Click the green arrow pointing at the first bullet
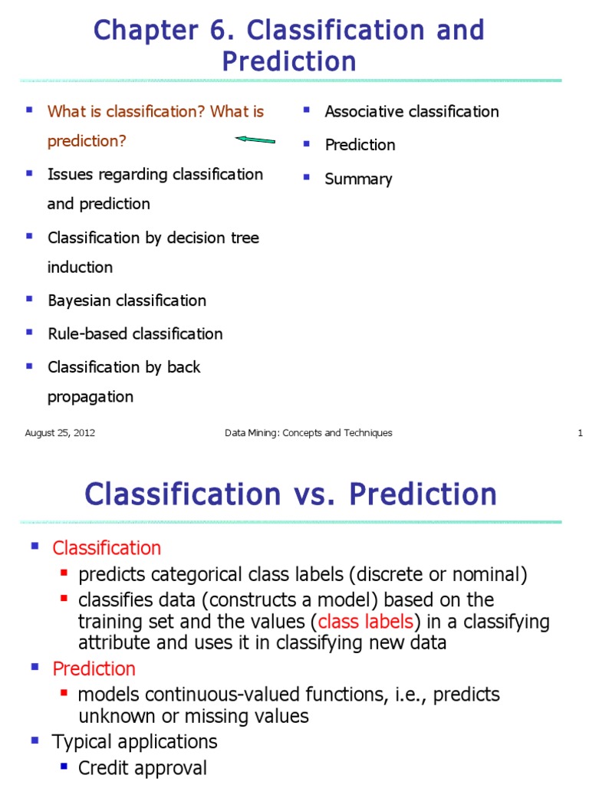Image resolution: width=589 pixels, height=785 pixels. click(255, 140)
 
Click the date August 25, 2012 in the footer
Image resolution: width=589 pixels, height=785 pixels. click(60, 433)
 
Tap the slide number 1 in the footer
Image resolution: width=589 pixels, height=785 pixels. click(581, 433)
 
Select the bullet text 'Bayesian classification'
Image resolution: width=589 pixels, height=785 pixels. click(127, 301)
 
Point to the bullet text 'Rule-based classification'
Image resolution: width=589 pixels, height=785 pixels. click(135, 333)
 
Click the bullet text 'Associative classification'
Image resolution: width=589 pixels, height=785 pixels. click(411, 112)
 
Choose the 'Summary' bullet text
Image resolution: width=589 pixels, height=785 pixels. click(358, 179)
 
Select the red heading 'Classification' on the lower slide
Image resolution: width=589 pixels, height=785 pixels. click(107, 548)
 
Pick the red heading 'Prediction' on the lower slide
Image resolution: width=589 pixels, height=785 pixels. click(94, 668)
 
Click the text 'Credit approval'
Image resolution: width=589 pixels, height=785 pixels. click(143, 768)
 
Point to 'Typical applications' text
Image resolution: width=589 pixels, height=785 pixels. click(134, 742)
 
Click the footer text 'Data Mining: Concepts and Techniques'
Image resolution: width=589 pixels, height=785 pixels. click(308, 433)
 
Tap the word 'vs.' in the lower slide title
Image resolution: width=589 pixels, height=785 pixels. click(315, 494)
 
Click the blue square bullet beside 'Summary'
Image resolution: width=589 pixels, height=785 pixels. click(306, 177)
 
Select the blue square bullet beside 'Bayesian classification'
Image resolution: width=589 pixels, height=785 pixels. click(29, 298)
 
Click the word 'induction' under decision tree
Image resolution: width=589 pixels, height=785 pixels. click(80, 268)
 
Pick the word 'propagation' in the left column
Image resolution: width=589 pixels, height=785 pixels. click(90, 397)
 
